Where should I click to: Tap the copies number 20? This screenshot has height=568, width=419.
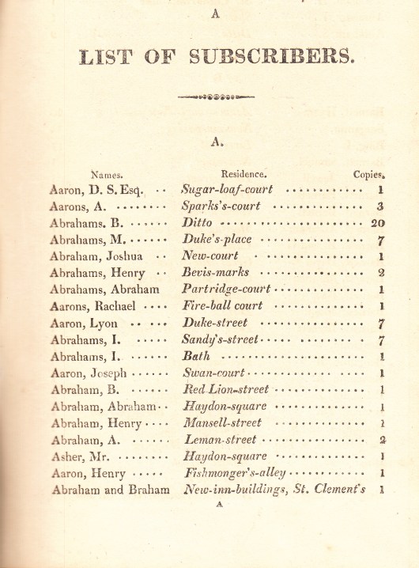pos(377,223)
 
